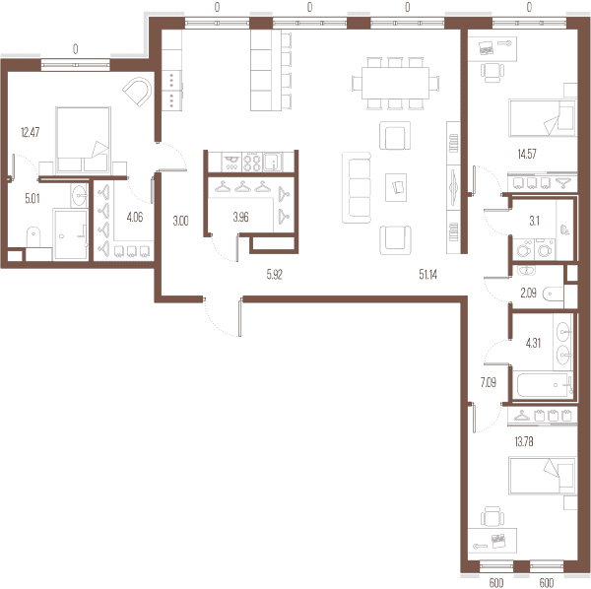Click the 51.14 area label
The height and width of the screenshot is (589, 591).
point(427,275)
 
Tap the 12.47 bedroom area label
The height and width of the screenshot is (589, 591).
point(31,132)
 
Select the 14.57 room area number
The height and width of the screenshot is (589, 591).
point(527,154)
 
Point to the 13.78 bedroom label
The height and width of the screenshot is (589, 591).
point(524,441)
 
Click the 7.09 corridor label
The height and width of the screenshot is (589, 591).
point(489,382)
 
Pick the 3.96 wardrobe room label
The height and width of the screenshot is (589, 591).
point(240,217)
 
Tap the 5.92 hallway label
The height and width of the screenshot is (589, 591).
point(275,275)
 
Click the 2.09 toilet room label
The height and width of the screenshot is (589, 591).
point(528,293)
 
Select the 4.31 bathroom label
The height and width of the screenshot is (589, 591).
point(533,343)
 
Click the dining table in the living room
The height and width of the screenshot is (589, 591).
point(395,83)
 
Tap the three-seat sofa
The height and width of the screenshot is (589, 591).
point(357,188)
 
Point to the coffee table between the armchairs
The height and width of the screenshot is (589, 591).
point(396,187)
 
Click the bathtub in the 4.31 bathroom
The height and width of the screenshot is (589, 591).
point(545,385)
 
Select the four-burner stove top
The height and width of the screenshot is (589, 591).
point(252,163)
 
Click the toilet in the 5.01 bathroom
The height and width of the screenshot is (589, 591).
point(33,237)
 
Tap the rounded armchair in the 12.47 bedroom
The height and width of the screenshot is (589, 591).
point(137,92)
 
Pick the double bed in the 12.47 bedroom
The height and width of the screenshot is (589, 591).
point(84,140)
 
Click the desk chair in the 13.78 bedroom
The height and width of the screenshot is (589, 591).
point(492,516)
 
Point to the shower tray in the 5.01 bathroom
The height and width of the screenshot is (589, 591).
point(71,234)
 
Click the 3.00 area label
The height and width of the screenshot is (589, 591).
point(180,221)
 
